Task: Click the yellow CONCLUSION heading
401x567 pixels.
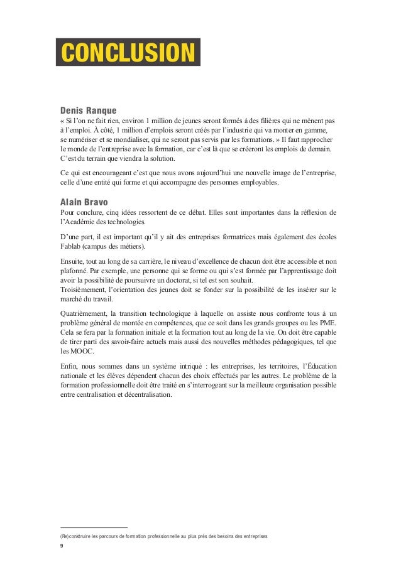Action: point(127,53)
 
